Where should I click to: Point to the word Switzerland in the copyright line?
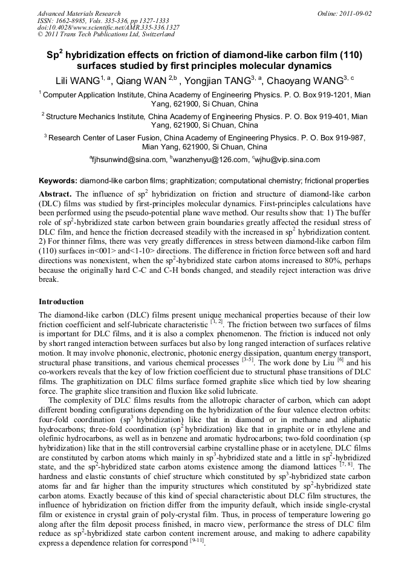(x=155, y=34)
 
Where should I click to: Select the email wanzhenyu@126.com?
(x=211, y=160)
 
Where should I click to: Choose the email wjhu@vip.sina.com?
(x=288, y=160)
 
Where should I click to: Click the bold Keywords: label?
(x=58, y=181)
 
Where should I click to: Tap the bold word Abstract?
(x=56, y=194)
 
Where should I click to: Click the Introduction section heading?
(x=61, y=302)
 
